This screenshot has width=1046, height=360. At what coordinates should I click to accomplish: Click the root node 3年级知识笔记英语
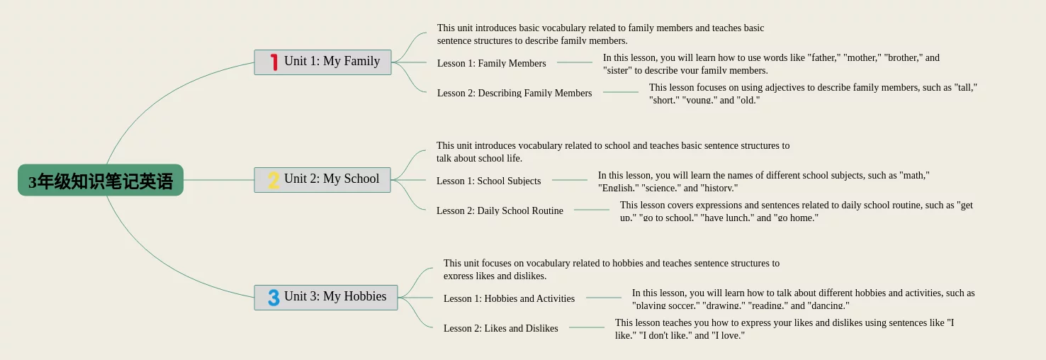point(101,181)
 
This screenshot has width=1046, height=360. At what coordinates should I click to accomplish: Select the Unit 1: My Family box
point(322,62)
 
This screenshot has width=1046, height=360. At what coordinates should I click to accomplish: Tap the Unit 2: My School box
point(322,179)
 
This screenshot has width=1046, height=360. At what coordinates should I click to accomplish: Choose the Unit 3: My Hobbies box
point(326,297)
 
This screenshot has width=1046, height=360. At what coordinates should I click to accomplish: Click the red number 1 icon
point(274,62)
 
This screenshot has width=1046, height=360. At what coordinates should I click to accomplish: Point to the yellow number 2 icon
point(274,180)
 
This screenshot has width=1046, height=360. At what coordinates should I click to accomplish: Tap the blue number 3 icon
point(274,298)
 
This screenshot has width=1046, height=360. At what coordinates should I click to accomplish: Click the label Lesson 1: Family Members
point(491,63)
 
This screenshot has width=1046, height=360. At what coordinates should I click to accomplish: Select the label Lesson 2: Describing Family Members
point(514,93)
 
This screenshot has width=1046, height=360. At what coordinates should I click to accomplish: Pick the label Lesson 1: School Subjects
point(488,181)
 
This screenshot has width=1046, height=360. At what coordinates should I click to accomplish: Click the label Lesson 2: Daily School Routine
point(500,210)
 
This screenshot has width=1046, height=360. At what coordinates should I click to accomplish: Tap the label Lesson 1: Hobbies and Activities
point(509,298)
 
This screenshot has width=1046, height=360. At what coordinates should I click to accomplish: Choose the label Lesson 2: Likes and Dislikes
point(500,328)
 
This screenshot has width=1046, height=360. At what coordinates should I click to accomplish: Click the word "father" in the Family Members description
point(826,58)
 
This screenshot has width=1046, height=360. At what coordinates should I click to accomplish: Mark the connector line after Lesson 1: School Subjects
point(569,180)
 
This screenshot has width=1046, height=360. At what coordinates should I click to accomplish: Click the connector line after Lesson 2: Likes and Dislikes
point(586,327)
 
